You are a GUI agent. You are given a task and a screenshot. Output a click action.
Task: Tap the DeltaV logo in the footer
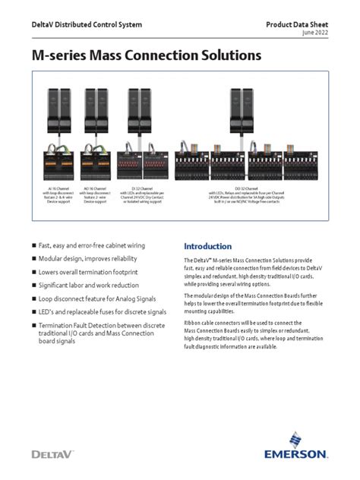[54, 453]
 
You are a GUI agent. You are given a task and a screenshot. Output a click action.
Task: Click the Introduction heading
[208, 247]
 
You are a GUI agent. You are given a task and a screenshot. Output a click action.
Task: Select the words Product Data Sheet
[297, 25]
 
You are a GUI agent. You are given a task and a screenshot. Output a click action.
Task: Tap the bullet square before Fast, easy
[33, 246]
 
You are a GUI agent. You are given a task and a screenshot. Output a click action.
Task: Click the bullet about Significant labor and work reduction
[96, 284]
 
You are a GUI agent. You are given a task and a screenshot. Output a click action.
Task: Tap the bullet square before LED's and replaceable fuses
[33, 311]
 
